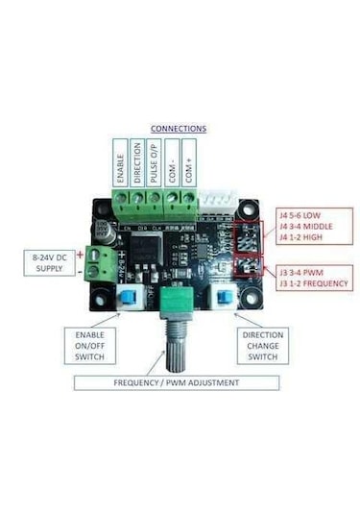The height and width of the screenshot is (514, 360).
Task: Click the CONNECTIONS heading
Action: (x=179, y=128)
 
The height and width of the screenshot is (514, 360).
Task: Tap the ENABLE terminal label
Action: (x=120, y=166)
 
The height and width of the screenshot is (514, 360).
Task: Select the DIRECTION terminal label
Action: (x=136, y=165)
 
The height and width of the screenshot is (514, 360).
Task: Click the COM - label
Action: (x=170, y=165)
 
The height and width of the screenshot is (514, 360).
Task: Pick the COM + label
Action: (x=187, y=165)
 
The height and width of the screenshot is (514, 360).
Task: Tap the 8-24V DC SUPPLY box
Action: (x=51, y=262)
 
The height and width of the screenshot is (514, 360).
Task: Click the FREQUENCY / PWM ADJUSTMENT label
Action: (x=179, y=381)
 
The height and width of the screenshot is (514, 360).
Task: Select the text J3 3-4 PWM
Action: (x=300, y=272)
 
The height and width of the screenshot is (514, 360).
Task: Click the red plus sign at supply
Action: (x=79, y=254)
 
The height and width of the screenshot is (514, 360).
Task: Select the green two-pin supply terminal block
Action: (x=95, y=261)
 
